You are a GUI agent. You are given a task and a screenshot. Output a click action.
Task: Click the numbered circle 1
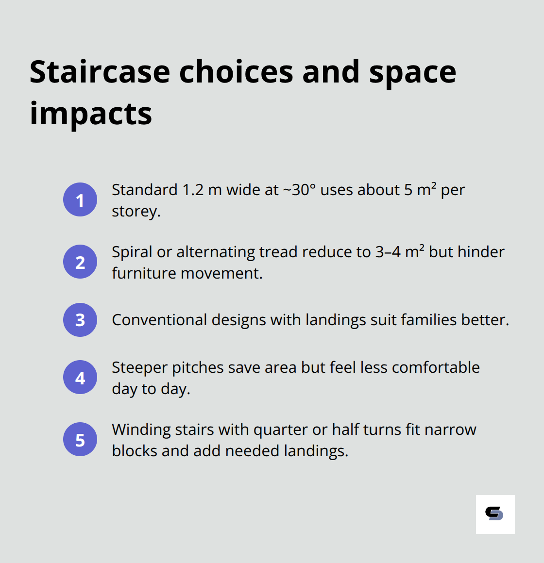point(80,199)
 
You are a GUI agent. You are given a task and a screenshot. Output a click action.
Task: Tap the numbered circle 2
point(80,262)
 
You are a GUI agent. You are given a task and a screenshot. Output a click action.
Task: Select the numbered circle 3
point(80,320)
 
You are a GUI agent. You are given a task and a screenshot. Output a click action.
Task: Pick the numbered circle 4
point(80,377)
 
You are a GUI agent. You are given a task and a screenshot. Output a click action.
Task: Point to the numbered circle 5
point(80,439)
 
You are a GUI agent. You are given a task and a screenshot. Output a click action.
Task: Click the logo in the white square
point(495,514)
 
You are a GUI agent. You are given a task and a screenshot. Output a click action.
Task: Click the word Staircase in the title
point(100,72)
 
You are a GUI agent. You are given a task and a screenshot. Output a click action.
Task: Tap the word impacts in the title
point(91,114)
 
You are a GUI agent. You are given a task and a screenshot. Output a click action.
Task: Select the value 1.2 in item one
point(193,190)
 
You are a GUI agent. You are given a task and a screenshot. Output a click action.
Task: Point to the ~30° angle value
point(299,190)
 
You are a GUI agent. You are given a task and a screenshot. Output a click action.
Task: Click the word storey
point(135,212)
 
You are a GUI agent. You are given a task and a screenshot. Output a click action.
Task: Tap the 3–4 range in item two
point(388,252)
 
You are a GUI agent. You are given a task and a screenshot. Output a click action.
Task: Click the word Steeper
point(139,367)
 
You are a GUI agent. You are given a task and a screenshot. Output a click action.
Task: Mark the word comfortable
point(436,367)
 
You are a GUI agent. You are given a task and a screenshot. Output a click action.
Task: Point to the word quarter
point(281,430)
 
